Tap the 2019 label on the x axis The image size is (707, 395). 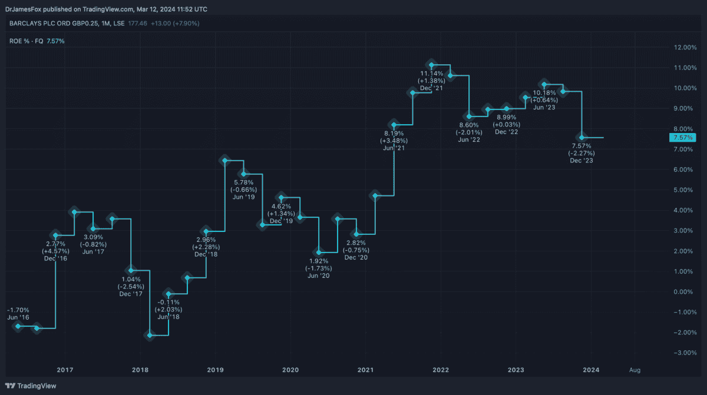pos(215,370)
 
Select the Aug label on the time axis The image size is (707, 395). pos(635,370)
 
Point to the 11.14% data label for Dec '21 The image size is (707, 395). pos(431,73)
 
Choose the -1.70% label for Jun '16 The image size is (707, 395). pos(18,310)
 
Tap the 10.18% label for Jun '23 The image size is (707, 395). pos(545,92)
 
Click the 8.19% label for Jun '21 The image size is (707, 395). pos(394,134)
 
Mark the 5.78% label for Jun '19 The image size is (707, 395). pos(244,182)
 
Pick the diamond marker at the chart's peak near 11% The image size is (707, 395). pos(431,65)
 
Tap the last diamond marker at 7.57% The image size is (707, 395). pos(582,137)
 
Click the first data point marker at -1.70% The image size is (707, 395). pos(18,326)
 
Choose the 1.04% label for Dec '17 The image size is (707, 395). pos(131,278)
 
